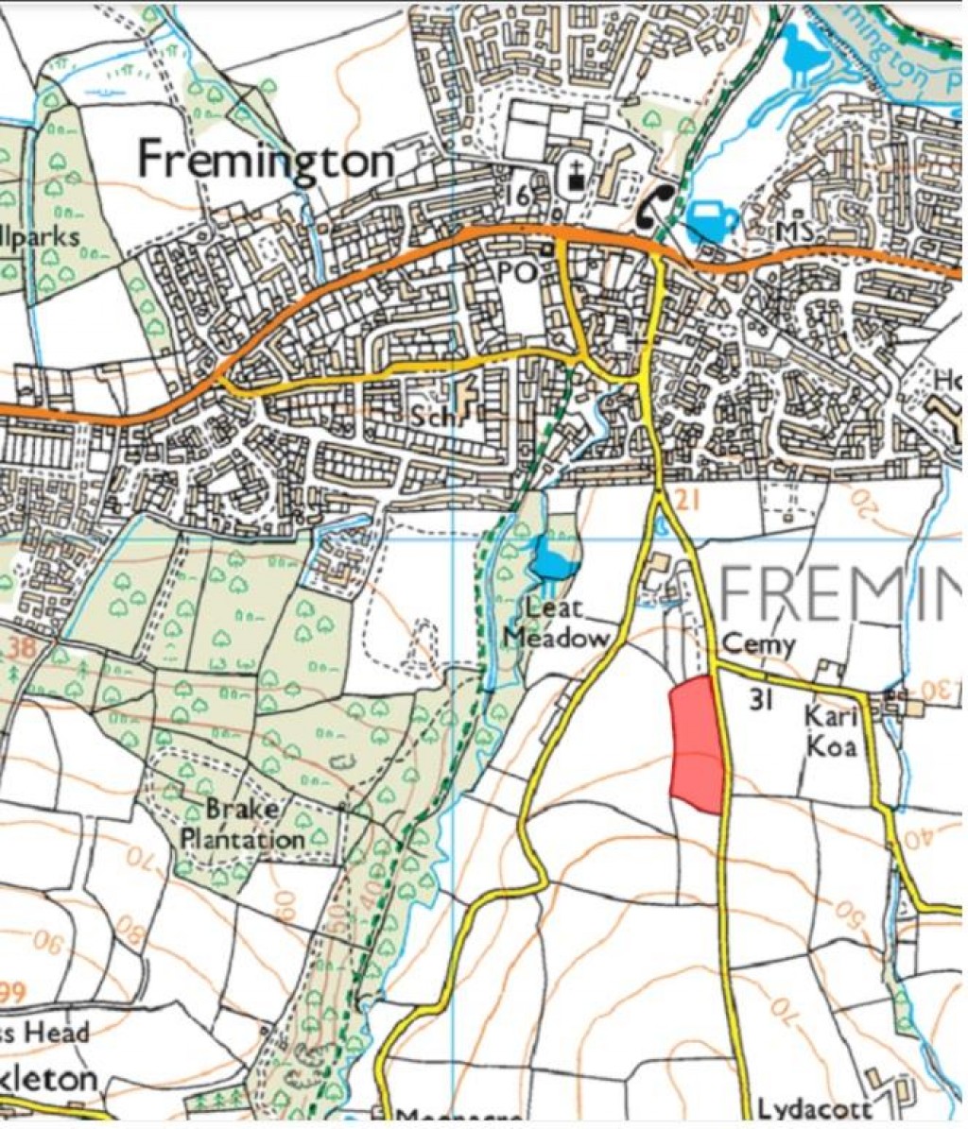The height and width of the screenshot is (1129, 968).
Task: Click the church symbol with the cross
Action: [576, 179]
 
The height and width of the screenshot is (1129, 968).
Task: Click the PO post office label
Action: [519, 272]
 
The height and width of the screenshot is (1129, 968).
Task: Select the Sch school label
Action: [432, 415]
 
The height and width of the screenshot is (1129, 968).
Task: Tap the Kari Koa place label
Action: [830, 730]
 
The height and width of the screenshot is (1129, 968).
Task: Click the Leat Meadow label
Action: [555, 623]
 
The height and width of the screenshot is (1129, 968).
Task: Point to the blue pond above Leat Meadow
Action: [554, 560]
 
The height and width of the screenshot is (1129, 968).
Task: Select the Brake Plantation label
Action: [242, 824]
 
